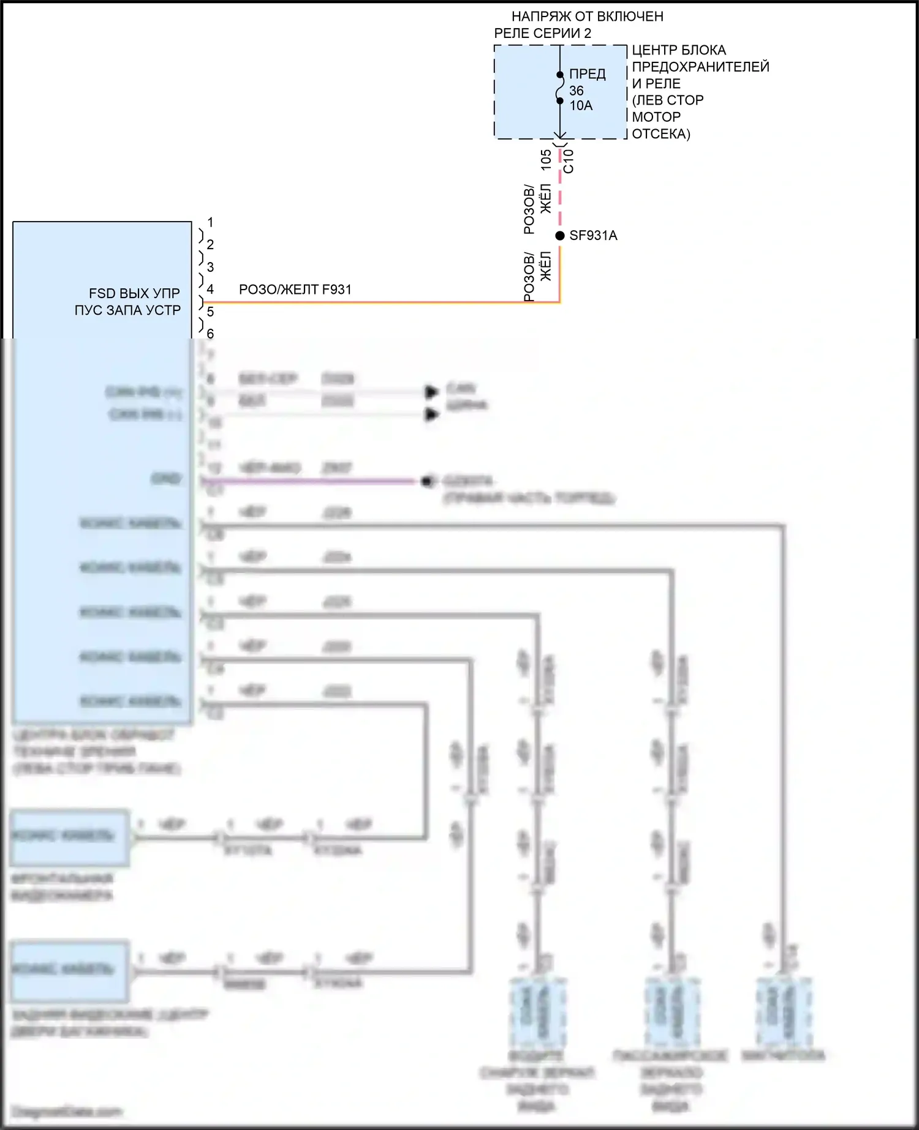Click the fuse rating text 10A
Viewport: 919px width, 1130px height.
click(x=581, y=106)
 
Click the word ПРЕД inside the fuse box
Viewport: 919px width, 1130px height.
click(x=587, y=74)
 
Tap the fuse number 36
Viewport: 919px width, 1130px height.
click(x=576, y=91)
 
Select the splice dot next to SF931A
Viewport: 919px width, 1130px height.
click(x=560, y=236)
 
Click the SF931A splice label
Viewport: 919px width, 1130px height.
click(x=593, y=236)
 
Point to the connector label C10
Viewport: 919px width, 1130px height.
click(x=569, y=161)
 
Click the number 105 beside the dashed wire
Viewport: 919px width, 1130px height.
click(x=546, y=160)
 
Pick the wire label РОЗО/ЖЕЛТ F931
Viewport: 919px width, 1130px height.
click(x=295, y=290)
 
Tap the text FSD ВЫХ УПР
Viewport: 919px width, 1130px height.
click(x=134, y=293)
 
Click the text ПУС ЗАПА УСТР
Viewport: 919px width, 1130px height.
click(x=127, y=310)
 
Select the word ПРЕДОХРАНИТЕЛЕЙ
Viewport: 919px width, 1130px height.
click(x=700, y=67)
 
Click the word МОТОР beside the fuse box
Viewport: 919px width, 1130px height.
click(x=656, y=117)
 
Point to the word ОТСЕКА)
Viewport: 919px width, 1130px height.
click(x=661, y=134)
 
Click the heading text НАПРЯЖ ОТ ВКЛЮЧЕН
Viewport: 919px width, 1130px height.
click(x=587, y=17)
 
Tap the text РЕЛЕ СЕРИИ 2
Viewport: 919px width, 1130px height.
click(x=543, y=34)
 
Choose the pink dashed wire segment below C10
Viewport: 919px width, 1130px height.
click(x=560, y=196)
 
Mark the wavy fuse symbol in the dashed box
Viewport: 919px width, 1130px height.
click(x=560, y=88)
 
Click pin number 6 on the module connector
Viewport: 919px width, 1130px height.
click(x=210, y=334)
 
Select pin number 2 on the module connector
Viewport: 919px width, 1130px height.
click(x=210, y=245)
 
